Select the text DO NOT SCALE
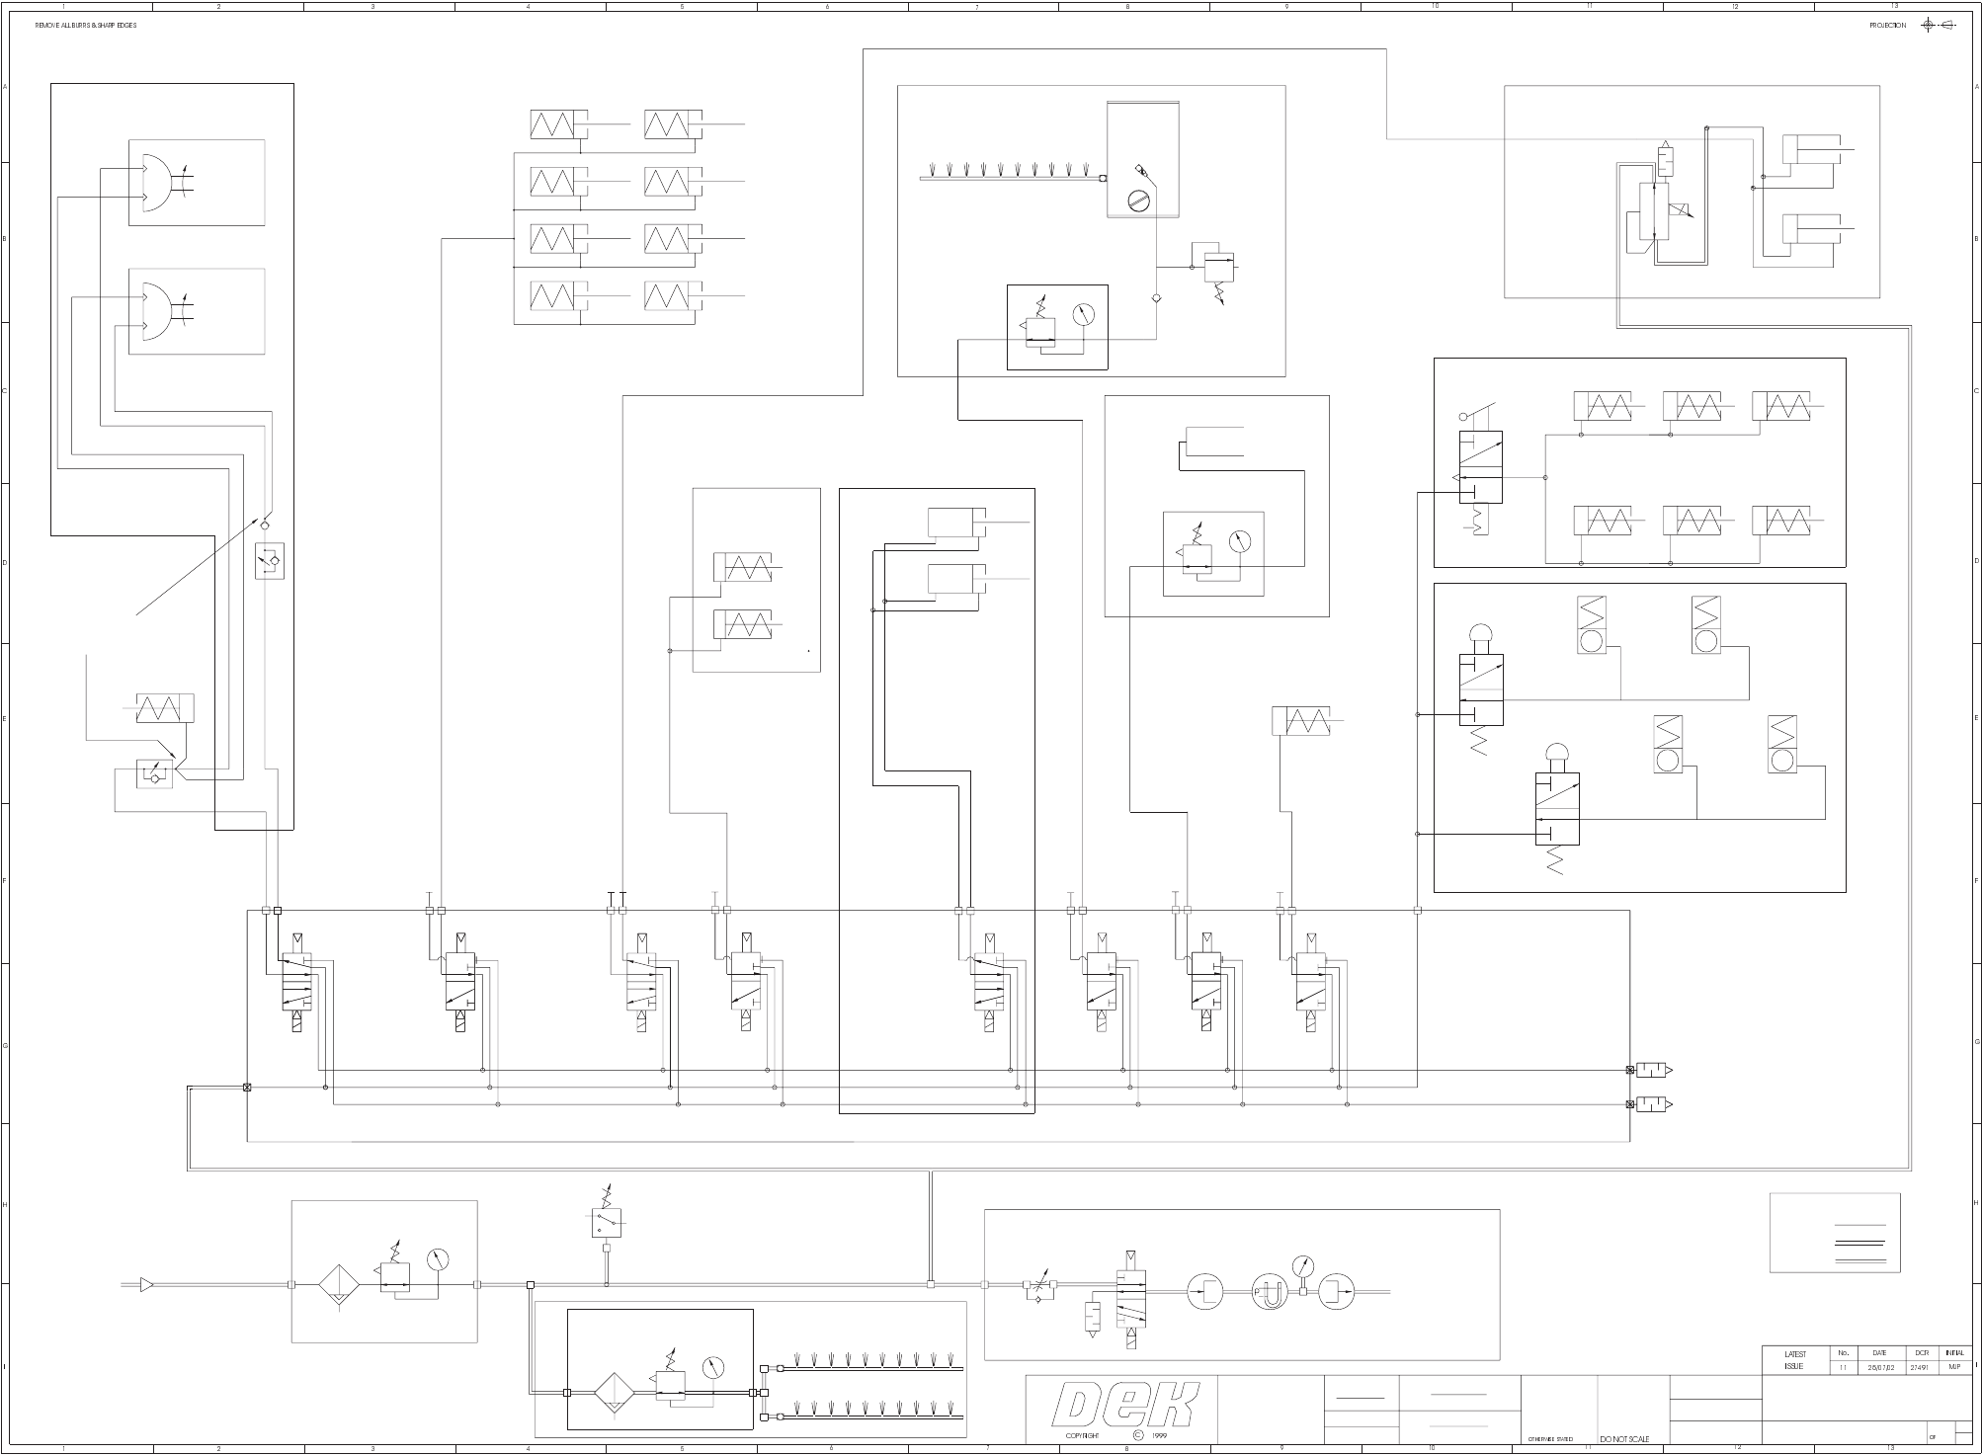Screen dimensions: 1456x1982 pyautogui.click(x=1624, y=1439)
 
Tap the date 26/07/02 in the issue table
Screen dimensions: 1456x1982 pyautogui.click(x=1879, y=1368)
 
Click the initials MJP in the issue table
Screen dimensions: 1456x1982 pyautogui.click(x=1954, y=1368)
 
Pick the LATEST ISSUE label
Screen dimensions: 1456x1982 pyautogui.click(x=1794, y=1360)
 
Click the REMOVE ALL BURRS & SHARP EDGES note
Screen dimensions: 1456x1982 pyautogui.click(x=86, y=26)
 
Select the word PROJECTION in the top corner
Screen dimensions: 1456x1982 pyautogui.click(x=1887, y=26)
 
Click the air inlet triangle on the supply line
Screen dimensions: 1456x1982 pyautogui.click(x=146, y=1285)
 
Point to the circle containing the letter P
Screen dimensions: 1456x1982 pyautogui.click(x=1270, y=1293)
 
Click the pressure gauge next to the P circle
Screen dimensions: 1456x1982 pyautogui.click(x=1304, y=1267)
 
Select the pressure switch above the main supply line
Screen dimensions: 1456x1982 pyautogui.click(x=607, y=1223)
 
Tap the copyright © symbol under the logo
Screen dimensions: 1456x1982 pyautogui.click(x=1137, y=1435)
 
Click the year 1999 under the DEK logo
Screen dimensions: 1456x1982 pyautogui.click(x=1159, y=1436)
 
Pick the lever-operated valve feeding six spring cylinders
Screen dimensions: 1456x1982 pyautogui.click(x=1480, y=466)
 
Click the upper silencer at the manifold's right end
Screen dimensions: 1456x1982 pyautogui.click(x=1652, y=1070)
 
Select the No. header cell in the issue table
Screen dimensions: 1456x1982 pyautogui.click(x=1843, y=1353)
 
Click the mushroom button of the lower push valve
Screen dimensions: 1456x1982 pyautogui.click(x=1556, y=754)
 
